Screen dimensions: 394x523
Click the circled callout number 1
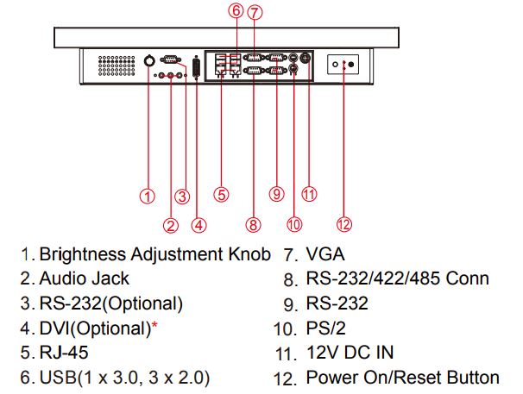point(148,195)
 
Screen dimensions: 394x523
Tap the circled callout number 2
point(171,225)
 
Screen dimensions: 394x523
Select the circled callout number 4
point(198,225)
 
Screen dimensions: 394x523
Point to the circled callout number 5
point(221,195)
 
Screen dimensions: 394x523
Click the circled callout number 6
point(234,11)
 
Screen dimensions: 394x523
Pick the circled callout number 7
point(254,12)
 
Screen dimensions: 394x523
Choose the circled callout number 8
point(253,225)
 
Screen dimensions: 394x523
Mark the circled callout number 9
point(276,195)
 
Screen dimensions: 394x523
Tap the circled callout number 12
point(344,225)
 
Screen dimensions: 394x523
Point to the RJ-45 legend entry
point(63,353)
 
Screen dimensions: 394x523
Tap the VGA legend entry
point(325,255)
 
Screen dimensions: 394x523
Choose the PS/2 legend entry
point(324,328)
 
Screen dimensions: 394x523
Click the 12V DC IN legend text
point(350,353)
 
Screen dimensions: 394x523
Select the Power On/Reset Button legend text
point(402,378)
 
